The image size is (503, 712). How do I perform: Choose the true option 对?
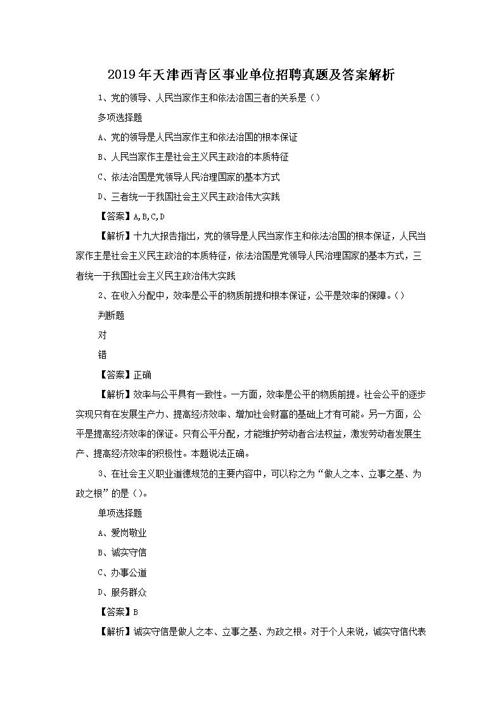[102, 335]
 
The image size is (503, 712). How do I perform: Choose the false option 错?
[102, 354]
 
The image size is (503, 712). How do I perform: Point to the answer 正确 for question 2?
[143, 375]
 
